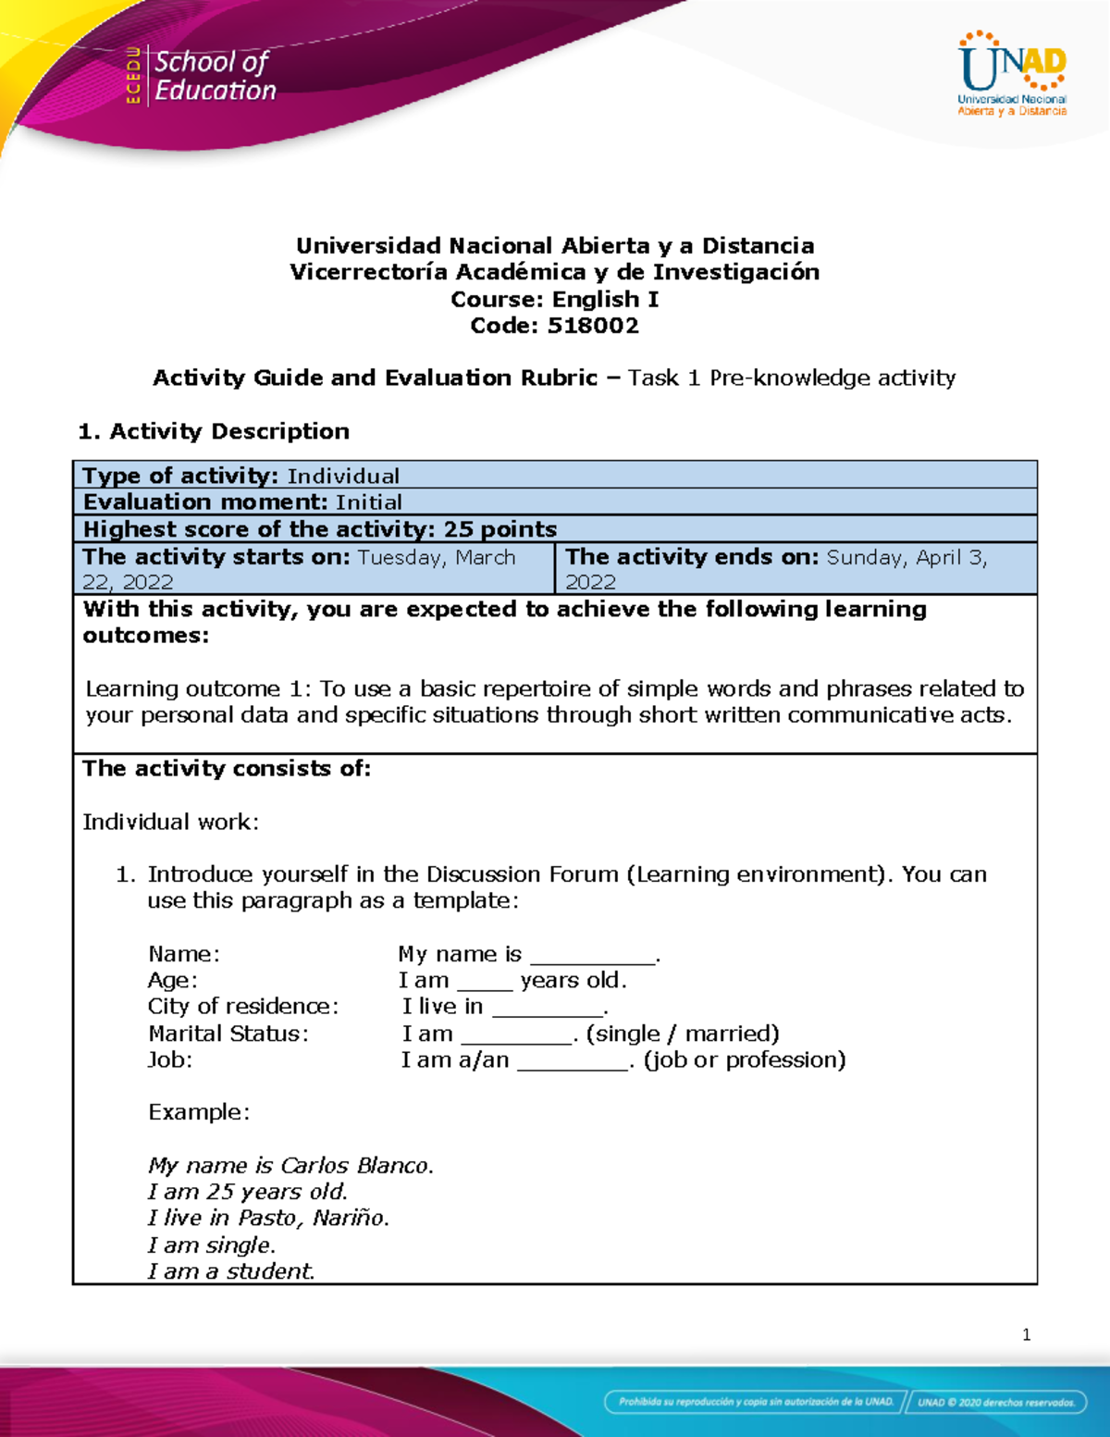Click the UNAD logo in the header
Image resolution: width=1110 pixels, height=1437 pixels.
pyautogui.click(x=1012, y=74)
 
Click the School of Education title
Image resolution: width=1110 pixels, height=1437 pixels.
pyautogui.click(x=215, y=76)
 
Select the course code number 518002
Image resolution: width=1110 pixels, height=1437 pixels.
pyautogui.click(x=593, y=326)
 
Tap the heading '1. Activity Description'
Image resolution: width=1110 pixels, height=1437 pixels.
pyautogui.click(x=214, y=431)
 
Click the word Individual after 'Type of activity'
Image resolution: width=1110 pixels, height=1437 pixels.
pyautogui.click(x=343, y=476)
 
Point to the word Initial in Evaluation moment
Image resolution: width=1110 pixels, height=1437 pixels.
pyautogui.click(x=369, y=502)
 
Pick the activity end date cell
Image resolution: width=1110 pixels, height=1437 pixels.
pyautogui.click(x=795, y=569)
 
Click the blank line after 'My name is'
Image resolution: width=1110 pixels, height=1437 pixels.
pyautogui.click(x=592, y=957)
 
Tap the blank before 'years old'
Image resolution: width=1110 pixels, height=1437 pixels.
pyautogui.click(x=484, y=983)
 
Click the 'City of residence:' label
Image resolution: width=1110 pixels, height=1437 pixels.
pyautogui.click(x=243, y=1007)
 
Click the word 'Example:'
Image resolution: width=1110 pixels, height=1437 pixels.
pyautogui.click(x=199, y=1112)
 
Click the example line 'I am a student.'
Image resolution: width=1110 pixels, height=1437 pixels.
pyautogui.click(x=231, y=1271)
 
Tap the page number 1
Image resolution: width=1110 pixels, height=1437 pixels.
pyautogui.click(x=1026, y=1334)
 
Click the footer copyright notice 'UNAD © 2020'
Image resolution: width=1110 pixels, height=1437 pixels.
pyautogui.click(x=996, y=1402)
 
